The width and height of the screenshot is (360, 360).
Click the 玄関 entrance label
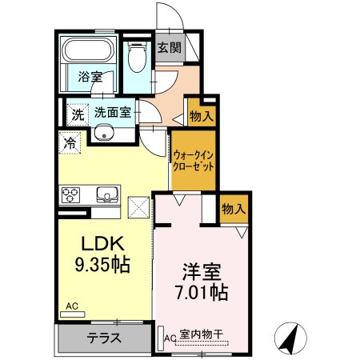pos(170,48)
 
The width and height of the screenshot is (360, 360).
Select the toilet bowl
pos(138,57)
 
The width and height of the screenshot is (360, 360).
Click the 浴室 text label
pos(90,77)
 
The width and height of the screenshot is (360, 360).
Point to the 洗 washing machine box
pos(78,114)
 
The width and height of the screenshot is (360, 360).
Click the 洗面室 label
pos(113,113)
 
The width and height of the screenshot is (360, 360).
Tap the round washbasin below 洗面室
pos(104,132)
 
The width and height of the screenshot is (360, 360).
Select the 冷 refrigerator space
pos(70,143)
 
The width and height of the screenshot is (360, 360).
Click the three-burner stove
pos(70,195)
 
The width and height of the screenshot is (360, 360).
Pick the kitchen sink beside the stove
pos(107,194)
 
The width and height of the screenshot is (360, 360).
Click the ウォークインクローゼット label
pos(194,161)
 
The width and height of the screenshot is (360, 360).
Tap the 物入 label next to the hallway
pos(202,116)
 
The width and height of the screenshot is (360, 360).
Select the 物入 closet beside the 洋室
pos(234,209)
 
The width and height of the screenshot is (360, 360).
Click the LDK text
pos(103,243)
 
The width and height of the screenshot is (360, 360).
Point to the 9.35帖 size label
pos(102,264)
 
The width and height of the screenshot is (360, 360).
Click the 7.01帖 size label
pos(202,292)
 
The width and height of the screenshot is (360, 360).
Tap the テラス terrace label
pos(104,338)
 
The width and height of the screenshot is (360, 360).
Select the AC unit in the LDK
pos(73,314)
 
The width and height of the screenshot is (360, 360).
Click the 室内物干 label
pos(202,334)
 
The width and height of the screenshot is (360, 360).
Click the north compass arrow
pos(290,338)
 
